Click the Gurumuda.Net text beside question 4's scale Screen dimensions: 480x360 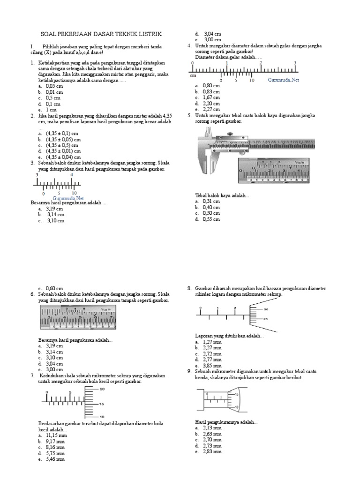[283, 80]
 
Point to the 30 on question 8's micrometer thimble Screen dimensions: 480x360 [266, 309]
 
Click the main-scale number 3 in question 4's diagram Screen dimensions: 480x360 [295, 62]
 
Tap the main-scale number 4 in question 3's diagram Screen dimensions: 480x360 [72, 175]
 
